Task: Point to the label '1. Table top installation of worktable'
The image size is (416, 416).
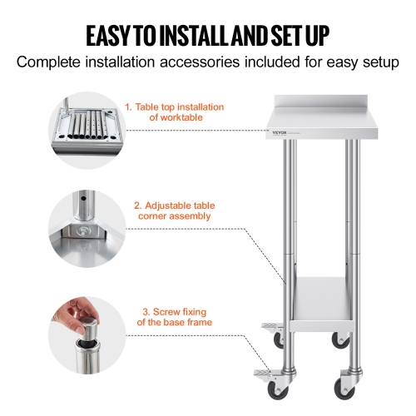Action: tap(174, 112)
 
